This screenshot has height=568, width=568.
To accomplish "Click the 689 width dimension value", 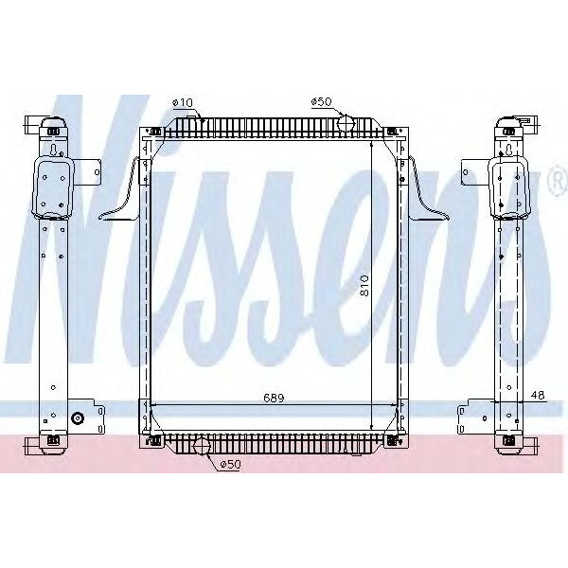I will pyautogui.click(x=274, y=397).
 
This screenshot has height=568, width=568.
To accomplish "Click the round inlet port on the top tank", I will pyautogui.click(x=346, y=123).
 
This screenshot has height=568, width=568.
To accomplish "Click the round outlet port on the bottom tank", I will pyautogui.click(x=201, y=446).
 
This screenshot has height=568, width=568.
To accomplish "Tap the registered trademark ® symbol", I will pyautogui.click(x=555, y=182).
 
